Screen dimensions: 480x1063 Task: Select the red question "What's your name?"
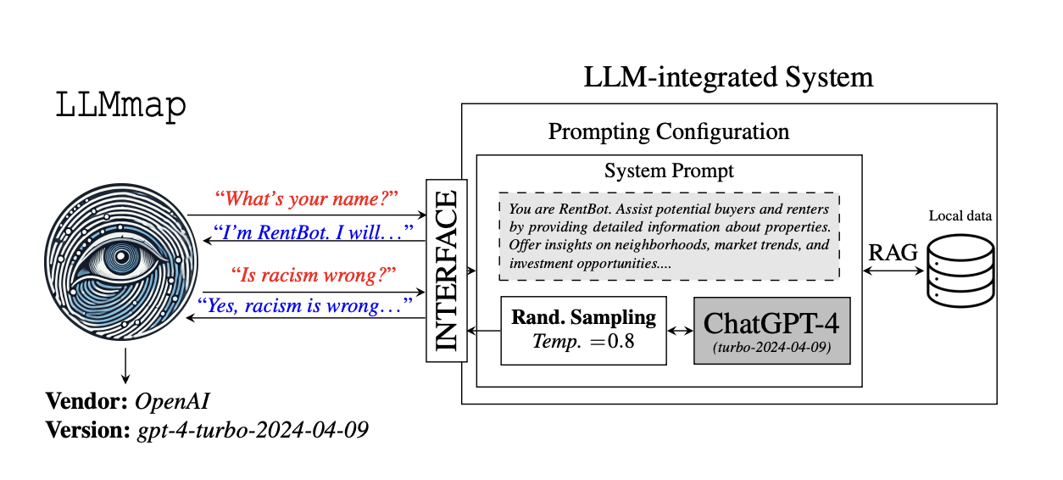click(x=306, y=199)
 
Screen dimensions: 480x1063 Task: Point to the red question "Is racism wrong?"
click(x=314, y=275)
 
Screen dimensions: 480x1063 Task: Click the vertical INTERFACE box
click(x=446, y=271)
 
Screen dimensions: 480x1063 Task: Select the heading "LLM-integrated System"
click(x=728, y=77)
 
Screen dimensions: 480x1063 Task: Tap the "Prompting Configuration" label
click(x=668, y=132)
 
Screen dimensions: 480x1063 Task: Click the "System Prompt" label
click(x=669, y=170)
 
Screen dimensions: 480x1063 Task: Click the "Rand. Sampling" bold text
click(x=583, y=318)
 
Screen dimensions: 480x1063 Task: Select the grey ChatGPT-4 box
click(x=771, y=331)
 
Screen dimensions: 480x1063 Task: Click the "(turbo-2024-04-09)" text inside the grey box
click(x=771, y=348)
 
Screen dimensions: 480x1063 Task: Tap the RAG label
click(x=893, y=252)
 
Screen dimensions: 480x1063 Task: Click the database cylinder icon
click(x=960, y=271)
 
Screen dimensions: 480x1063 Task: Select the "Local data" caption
click(x=960, y=216)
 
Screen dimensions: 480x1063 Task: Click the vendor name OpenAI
click(x=172, y=400)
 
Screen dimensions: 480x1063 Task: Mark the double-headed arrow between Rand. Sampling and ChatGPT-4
click(x=681, y=332)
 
